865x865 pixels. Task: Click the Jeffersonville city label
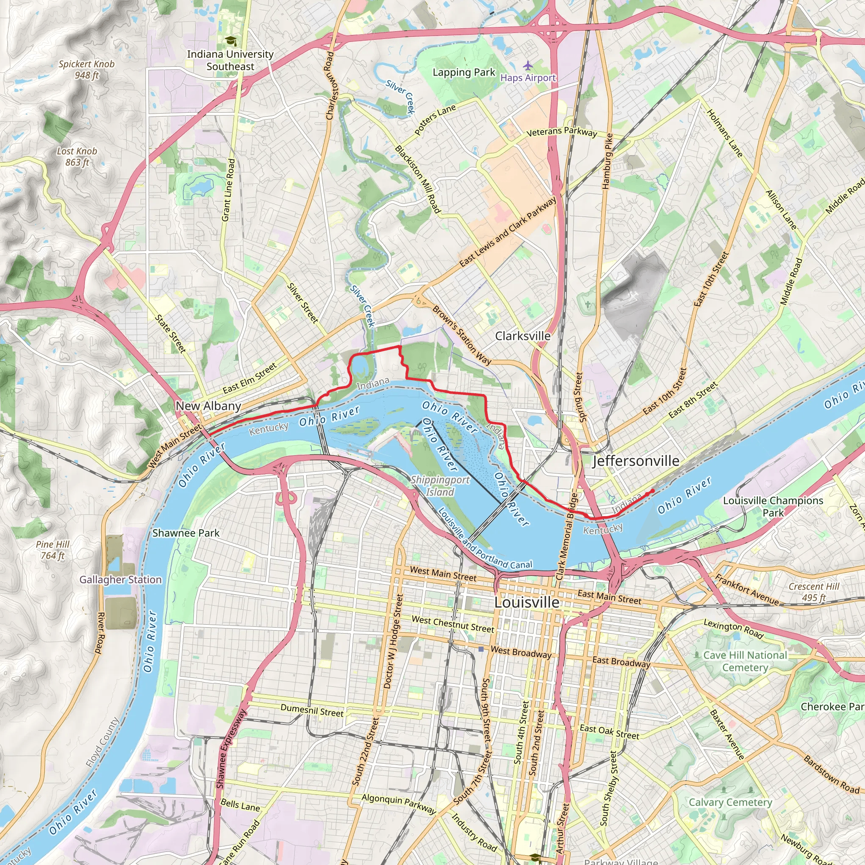click(635, 461)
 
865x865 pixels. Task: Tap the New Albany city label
click(208, 405)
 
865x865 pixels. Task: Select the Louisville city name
click(527, 602)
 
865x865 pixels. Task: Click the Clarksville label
click(522, 336)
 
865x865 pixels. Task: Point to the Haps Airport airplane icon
click(528, 65)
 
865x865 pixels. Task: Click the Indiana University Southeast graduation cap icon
click(230, 41)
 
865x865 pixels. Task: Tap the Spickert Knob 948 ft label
click(87, 69)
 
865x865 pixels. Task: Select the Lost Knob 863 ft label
click(77, 157)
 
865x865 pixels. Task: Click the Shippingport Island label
click(440, 486)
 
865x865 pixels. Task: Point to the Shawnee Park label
click(186, 533)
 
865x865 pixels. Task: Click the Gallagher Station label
click(120, 579)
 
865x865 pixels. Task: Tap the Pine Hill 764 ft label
click(53, 550)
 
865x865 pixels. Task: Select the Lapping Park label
click(464, 72)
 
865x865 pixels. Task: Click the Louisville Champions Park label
click(773, 506)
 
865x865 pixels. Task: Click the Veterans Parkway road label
click(561, 131)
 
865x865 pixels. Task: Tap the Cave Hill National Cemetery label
click(745, 661)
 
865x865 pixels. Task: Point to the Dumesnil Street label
click(312, 710)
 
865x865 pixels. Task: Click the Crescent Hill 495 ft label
click(814, 592)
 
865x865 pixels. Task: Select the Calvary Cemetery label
click(730, 802)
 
